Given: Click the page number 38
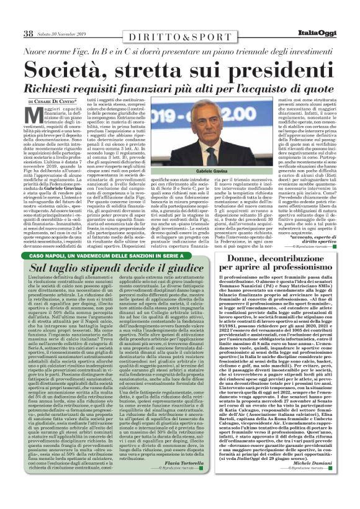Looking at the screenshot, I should point(29,33).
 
